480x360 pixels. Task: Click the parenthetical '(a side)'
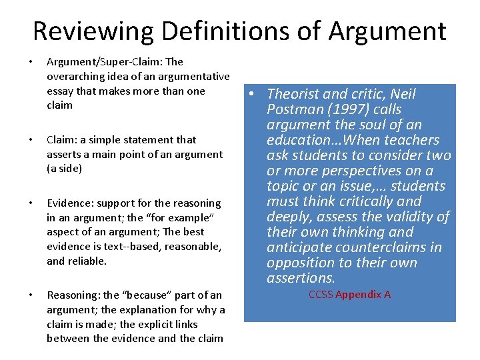(x=64, y=169)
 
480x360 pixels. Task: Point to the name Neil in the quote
(x=403, y=95)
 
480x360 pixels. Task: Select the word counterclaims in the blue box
(x=381, y=247)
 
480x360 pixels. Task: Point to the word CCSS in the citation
(x=321, y=294)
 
